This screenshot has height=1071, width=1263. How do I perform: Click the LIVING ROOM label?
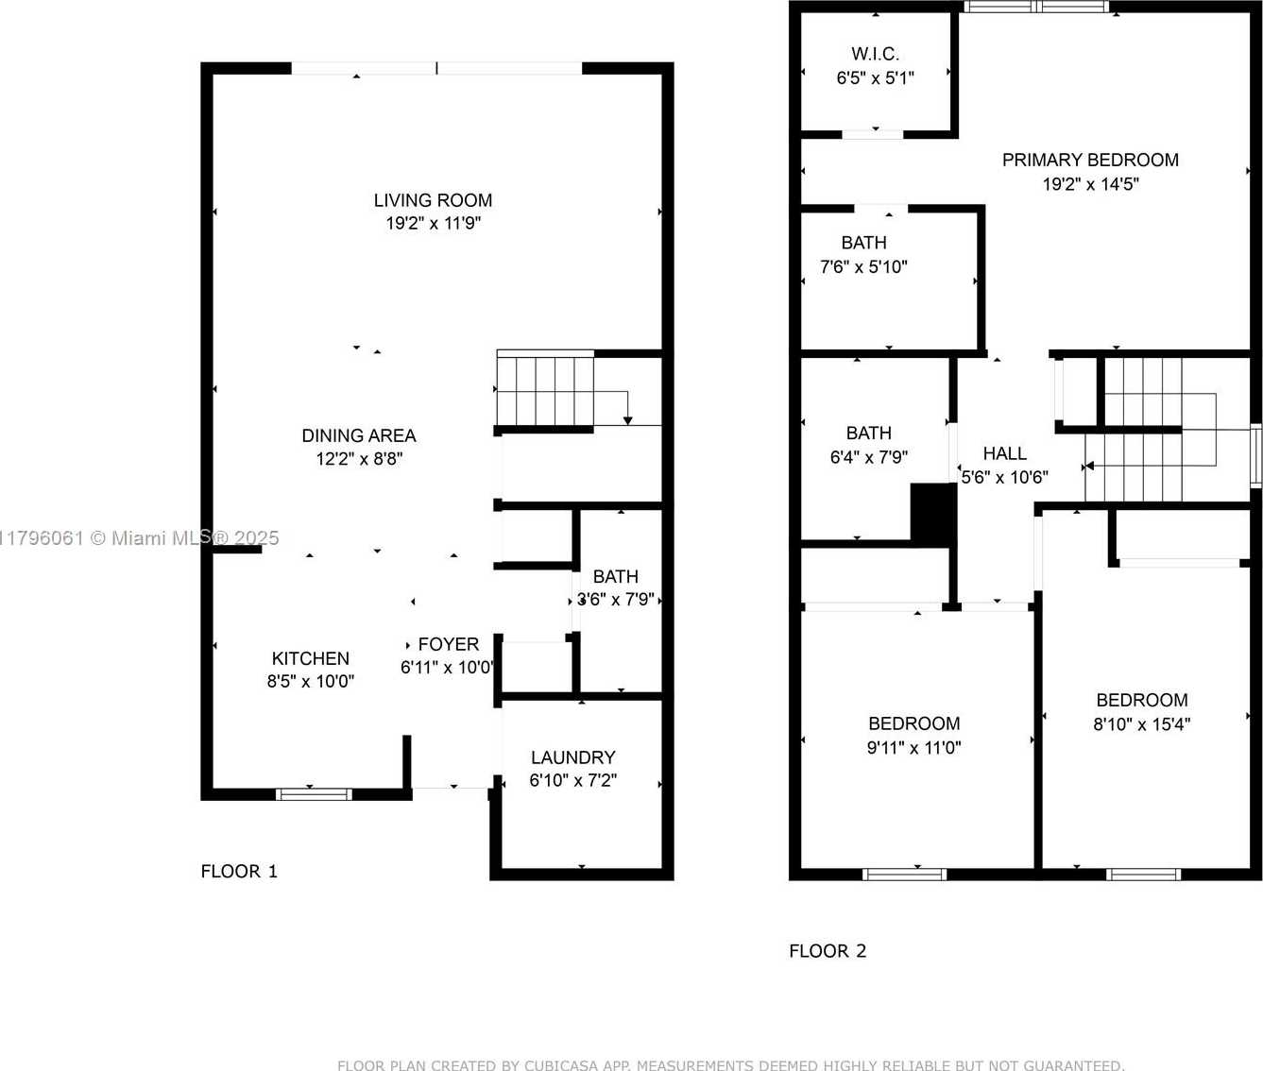(x=433, y=200)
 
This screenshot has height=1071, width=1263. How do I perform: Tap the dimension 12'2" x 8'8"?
(x=359, y=459)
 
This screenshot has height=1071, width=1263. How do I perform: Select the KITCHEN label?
(x=311, y=658)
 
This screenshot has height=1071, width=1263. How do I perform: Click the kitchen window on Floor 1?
(x=314, y=794)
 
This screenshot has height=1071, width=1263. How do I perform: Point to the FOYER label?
(x=449, y=644)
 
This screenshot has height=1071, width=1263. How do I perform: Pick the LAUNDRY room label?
(x=573, y=757)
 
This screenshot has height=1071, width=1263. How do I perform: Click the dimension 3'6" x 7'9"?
(x=616, y=600)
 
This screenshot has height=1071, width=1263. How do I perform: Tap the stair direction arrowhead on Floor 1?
(x=627, y=420)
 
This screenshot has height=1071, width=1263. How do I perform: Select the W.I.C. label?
(x=875, y=55)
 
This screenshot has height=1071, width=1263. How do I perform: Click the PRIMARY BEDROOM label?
(x=1090, y=160)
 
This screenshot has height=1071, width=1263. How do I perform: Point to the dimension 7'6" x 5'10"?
(x=863, y=267)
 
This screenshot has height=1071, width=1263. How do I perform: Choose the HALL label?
(x=1004, y=453)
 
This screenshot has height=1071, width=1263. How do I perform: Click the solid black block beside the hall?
(x=933, y=513)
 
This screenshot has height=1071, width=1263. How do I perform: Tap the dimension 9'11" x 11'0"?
(x=914, y=748)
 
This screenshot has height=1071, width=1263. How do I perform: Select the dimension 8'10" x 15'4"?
(x=1141, y=724)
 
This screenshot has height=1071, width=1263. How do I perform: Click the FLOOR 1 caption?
(x=239, y=871)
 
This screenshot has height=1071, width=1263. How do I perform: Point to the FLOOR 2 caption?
(x=828, y=951)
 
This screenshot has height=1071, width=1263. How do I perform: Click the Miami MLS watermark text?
(x=139, y=537)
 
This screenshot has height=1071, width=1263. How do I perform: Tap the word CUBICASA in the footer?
(x=560, y=1065)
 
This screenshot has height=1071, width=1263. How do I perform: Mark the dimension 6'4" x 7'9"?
(x=868, y=458)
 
